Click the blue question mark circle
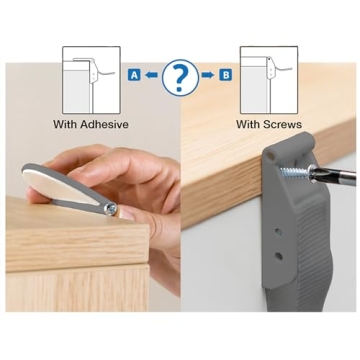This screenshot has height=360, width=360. (x=180, y=76)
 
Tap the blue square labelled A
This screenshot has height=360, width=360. (x=132, y=75)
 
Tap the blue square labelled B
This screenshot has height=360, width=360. (x=226, y=75)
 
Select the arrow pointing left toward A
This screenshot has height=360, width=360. (x=151, y=75)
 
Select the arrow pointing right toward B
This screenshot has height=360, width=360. (x=208, y=75)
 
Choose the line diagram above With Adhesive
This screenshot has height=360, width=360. (x=91, y=79)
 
